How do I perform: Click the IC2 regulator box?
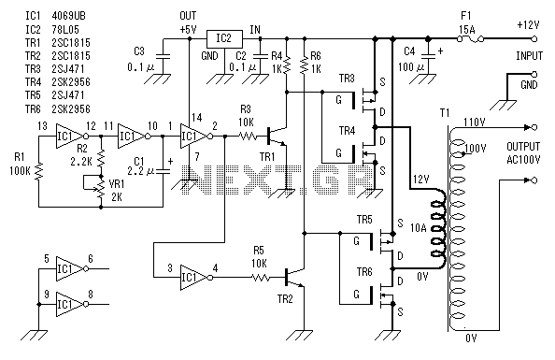click(224, 39)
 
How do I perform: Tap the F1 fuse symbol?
click(470, 37)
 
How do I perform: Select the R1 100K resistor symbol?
click(38, 171)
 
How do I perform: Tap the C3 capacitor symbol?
click(164, 57)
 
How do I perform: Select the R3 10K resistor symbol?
click(248, 137)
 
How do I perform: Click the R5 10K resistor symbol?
click(262, 278)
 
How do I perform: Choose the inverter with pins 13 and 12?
click(72, 137)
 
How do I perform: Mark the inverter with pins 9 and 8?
click(72, 305)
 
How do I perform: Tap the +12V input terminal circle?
click(534, 38)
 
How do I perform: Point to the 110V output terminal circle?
click(534, 127)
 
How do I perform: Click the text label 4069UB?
click(68, 16)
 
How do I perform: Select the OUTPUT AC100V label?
click(523, 153)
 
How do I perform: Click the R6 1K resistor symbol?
click(304, 65)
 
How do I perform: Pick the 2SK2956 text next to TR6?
click(71, 109)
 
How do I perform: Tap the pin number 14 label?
click(197, 117)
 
